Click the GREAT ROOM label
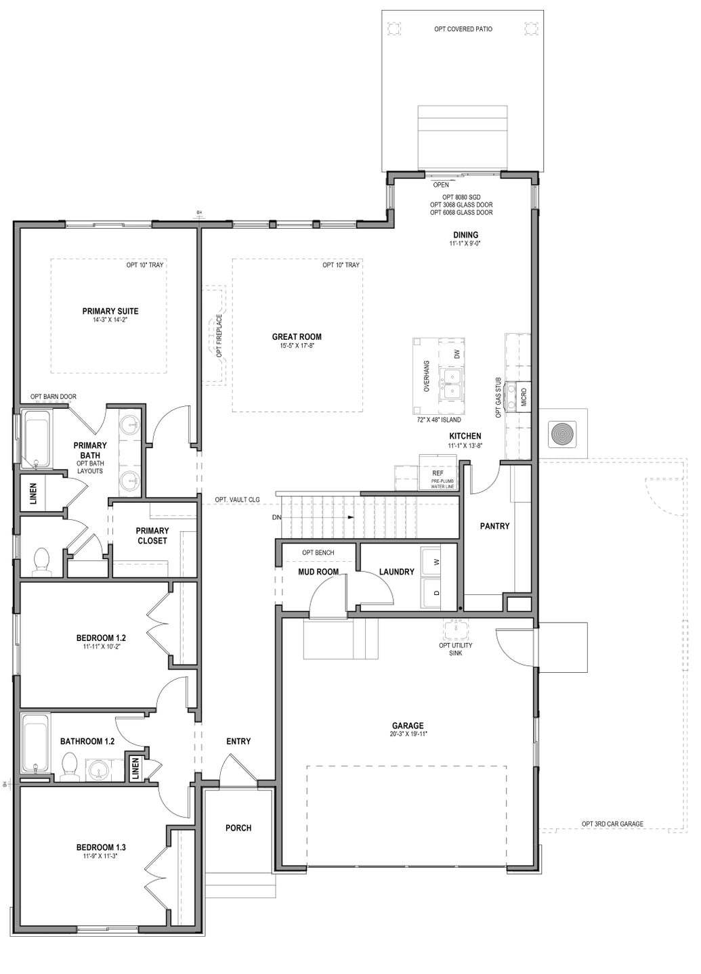click(297, 336)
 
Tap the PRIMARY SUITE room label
click(110, 311)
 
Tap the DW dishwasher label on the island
click(456, 354)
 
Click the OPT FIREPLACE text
click(219, 336)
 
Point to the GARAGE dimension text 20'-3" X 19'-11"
click(408, 734)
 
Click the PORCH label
click(238, 828)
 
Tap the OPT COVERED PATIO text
click(463, 29)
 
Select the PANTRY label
click(494, 526)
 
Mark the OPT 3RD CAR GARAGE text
click(612, 824)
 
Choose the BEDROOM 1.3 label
click(101, 847)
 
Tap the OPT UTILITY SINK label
click(456, 649)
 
